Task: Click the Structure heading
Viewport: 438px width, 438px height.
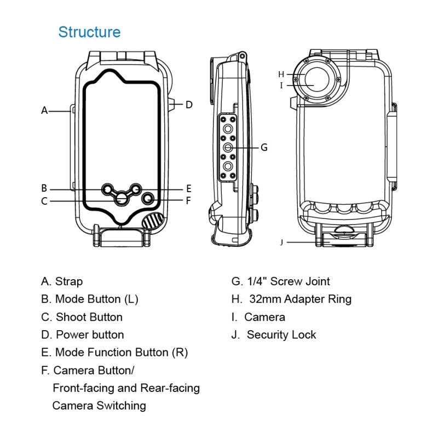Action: tap(89, 32)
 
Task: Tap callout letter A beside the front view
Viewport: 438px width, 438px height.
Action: tap(45, 110)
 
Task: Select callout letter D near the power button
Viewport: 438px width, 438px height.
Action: tap(189, 104)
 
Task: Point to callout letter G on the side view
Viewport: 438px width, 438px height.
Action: tap(264, 147)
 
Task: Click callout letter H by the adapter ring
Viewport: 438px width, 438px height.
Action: tap(281, 74)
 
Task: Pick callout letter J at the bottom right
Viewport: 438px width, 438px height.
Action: tap(281, 241)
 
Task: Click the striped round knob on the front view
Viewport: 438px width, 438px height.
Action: tap(153, 221)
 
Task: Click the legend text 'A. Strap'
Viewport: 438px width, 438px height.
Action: tap(62, 281)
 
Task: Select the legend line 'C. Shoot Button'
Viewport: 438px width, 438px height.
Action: tap(82, 317)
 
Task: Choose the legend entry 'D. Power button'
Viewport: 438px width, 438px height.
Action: tap(82, 335)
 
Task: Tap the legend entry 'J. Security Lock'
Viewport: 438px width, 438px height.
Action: tap(274, 335)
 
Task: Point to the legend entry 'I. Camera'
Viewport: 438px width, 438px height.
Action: tap(258, 317)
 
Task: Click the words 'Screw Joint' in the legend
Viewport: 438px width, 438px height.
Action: tap(301, 281)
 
